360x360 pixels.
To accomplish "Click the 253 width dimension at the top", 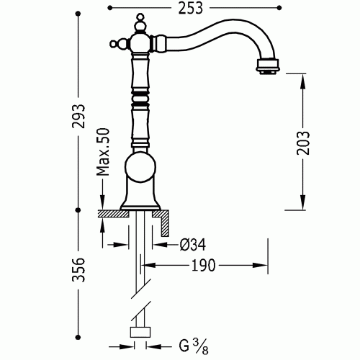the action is [191, 8].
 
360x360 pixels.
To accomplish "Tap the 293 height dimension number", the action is [78, 116].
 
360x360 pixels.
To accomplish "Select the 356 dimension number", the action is [78, 269].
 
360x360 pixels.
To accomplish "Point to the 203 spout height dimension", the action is [303, 143].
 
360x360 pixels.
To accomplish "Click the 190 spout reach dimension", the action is [203, 266].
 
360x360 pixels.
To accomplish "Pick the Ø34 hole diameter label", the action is [192, 245].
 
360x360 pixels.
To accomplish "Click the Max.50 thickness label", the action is [103, 152].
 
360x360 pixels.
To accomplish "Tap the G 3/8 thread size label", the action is [194, 346].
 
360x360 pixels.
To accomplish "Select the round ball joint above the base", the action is [140, 167].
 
